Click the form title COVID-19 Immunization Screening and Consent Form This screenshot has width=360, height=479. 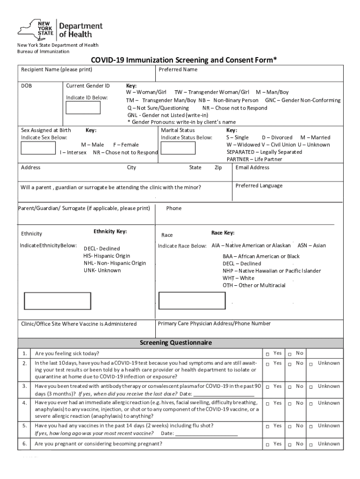coord(184,60)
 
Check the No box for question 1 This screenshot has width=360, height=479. coord(290,353)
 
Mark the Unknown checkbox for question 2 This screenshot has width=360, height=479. coord(310,363)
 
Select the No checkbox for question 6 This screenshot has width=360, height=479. coord(290,444)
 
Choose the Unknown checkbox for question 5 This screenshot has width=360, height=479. coord(310,426)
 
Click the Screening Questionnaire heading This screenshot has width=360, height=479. coord(176,343)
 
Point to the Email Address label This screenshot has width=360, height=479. coord(252,167)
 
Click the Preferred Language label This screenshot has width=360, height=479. coord(259,186)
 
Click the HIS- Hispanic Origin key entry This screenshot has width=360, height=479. coord(107,256)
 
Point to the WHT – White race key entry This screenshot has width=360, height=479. coord(238,278)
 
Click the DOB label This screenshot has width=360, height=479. coord(26,86)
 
